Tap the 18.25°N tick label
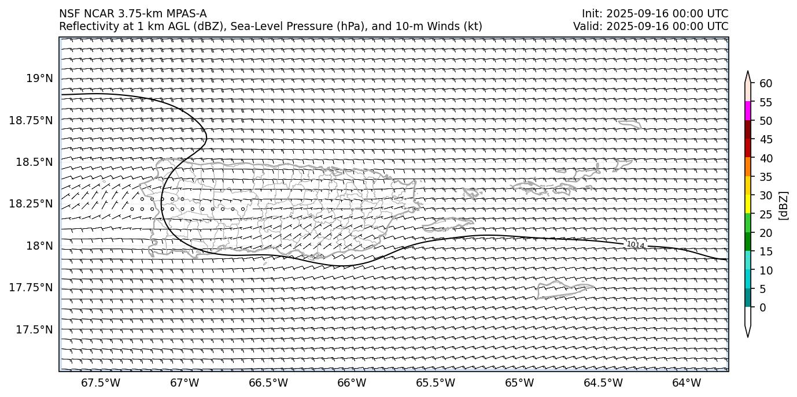click(x=32, y=204)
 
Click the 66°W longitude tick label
click(x=352, y=383)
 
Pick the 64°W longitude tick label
click(x=687, y=383)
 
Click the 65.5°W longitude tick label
click(x=436, y=383)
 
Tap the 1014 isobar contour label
click(x=636, y=245)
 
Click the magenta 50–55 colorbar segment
click(x=748, y=111)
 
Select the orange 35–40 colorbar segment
click(x=748, y=167)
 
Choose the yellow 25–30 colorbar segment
click(x=748, y=204)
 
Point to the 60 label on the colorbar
click(x=766, y=84)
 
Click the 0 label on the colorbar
click(x=763, y=307)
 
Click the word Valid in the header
click(x=585, y=26)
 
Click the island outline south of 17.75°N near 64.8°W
click(x=564, y=289)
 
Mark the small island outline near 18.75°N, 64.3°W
click(x=629, y=124)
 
